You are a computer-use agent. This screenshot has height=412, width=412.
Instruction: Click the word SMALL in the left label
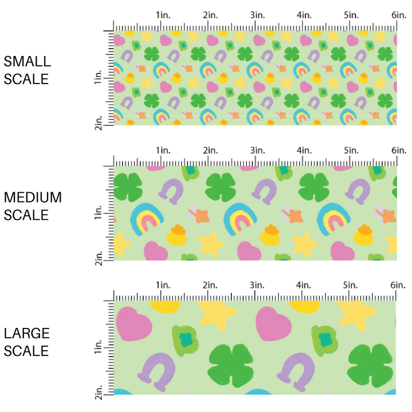coord(27,62)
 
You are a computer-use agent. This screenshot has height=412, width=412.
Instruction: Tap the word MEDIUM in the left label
coord(33,197)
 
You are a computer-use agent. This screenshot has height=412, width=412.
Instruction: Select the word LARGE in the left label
coord(26,334)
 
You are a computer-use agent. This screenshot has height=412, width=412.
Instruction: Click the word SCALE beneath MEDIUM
coord(26,215)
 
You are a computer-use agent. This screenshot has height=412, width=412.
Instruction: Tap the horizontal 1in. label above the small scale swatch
coord(163,14)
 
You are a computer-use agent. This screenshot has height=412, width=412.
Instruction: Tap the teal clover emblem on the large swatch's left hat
coord(184,339)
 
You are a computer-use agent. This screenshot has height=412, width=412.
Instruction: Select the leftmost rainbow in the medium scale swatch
coord(147,220)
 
